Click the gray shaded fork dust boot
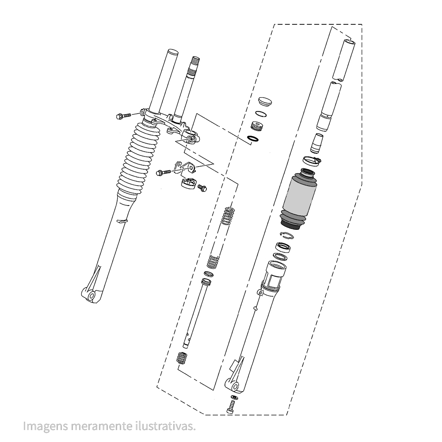299,199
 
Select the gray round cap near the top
265,102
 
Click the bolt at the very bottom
231,407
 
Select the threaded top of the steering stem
194,63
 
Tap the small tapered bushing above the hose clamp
316,144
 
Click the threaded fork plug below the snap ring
257,125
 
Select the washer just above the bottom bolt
234,397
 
